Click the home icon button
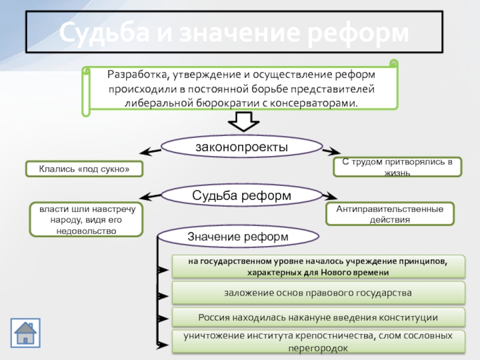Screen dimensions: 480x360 [x=25, y=333]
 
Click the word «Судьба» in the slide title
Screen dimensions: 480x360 [x=104, y=32]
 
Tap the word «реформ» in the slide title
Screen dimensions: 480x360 [x=358, y=33]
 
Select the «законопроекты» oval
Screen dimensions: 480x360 [x=242, y=146]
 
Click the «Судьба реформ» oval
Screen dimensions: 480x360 [x=242, y=195]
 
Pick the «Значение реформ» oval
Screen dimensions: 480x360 [x=238, y=236]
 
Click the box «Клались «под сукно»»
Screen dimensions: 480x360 [x=84, y=169]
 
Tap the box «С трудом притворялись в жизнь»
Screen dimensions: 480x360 [x=397, y=167]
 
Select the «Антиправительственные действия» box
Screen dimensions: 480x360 [x=389, y=214]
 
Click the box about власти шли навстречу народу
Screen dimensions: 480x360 [x=86, y=220]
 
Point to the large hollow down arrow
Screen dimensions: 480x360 [x=244, y=121]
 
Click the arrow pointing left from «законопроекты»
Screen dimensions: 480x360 [x=150, y=151]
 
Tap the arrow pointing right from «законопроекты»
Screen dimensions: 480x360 [x=332, y=151]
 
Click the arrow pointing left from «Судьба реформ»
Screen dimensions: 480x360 [x=150, y=197]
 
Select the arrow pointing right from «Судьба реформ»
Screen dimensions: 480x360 [x=330, y=196]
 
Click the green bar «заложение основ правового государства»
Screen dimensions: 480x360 [x=319, y=293]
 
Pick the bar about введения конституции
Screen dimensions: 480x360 [x=319, y=317]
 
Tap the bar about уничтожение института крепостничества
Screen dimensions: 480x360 [x=319, y=341]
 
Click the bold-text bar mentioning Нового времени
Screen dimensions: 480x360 [x=319, y=266]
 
